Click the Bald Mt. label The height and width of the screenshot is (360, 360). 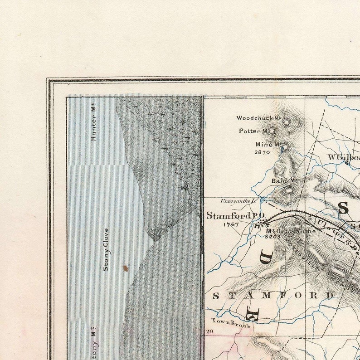tap(284, 181)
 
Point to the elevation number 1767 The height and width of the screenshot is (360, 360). tap(231, 224)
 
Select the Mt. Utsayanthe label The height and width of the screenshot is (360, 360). tap(291, 231)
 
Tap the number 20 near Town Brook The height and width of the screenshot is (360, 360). tap(209, 331)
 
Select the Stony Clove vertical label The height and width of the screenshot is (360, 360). tap(106, 249)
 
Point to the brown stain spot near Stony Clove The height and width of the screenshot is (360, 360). tap(126, 268)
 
